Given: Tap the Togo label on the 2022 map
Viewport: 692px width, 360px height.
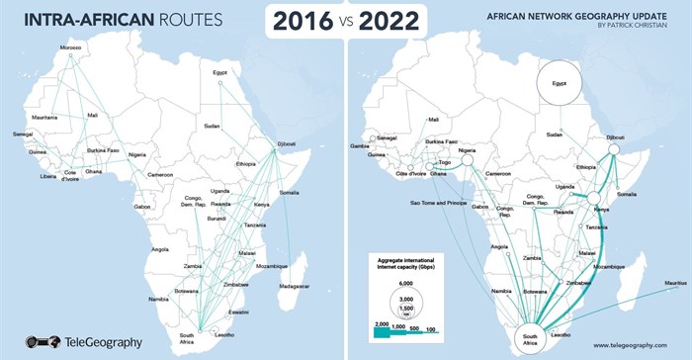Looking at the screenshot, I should pyautogui.click(x=446, y=161).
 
